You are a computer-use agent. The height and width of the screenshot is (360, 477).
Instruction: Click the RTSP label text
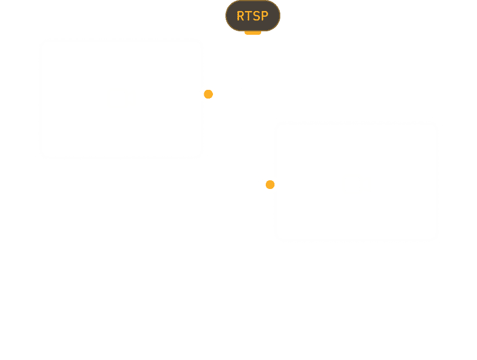[x=252, y=16]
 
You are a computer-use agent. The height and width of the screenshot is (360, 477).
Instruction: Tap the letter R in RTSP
[x=240, y=16]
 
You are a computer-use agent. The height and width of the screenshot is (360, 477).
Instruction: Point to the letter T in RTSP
[x=248, y=16]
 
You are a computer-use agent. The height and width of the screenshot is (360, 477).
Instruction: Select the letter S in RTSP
[x=256, y=16]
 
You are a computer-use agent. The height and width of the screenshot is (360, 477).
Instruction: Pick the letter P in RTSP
[x=265, y=16]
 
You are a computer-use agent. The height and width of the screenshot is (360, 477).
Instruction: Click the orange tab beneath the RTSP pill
[x=252, y=33]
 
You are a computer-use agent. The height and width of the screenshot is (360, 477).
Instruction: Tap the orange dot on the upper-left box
[x=208, y=94]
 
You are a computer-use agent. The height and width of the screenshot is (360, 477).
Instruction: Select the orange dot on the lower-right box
[x=269, y=185]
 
